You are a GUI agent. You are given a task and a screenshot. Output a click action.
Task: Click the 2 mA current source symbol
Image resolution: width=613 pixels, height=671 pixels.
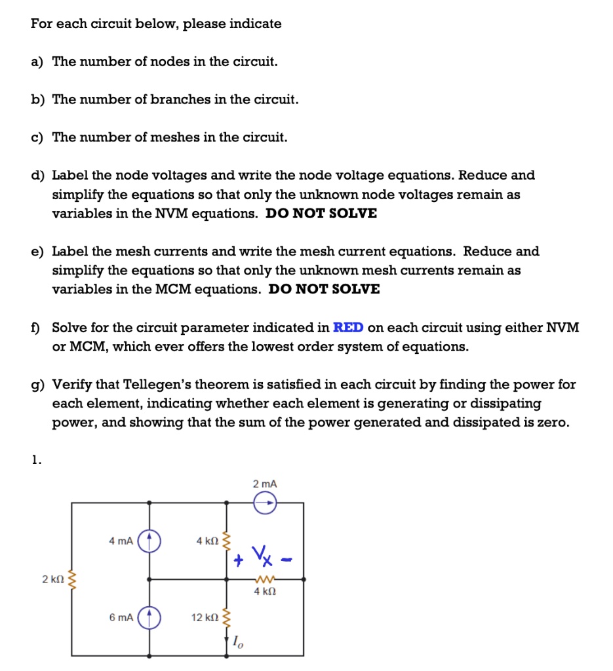[x=265, y=503]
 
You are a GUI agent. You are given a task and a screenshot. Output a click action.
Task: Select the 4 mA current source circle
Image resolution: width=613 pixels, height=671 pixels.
[x=150, y=541]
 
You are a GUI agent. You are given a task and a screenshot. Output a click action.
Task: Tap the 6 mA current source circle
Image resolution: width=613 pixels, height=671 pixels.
[x=150, y=617]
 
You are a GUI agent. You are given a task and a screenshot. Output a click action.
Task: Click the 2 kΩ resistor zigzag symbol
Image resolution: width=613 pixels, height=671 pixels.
[x=72, y=580]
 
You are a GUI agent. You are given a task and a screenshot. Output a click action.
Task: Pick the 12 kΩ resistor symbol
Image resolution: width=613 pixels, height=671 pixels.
[x=227, y=617]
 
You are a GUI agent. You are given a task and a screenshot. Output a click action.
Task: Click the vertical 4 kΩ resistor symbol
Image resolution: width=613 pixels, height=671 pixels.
[x=227, y=541]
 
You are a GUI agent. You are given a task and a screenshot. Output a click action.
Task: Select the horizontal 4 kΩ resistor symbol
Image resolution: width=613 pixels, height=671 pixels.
[x=265, y=579]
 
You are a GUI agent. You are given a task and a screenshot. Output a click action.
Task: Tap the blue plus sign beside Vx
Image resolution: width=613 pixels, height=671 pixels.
[x=239, y=560]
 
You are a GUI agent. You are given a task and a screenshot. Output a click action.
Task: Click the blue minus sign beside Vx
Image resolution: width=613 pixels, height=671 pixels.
[x=287, y=560]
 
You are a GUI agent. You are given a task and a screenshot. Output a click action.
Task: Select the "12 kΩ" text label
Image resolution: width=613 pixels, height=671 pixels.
[x=204, y=617]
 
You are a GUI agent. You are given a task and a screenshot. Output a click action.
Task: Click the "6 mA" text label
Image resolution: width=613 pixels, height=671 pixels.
[x=121, y=617]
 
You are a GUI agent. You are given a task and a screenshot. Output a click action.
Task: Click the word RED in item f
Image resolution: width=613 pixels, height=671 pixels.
[x=349, y=328]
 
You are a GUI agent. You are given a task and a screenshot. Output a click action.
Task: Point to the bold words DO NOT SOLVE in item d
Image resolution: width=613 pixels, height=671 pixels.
[x=321, y=214]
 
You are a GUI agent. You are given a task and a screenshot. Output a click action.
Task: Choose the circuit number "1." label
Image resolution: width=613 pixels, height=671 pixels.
[x=36, y=459]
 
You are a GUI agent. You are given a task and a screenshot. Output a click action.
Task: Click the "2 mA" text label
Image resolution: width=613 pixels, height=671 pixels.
[x=265, y=483]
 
